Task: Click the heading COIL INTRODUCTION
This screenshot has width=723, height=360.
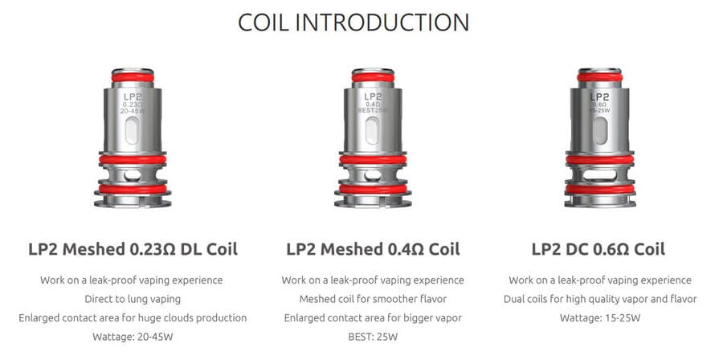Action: tap(353, 22)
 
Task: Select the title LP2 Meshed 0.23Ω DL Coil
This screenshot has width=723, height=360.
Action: tap(133, 249)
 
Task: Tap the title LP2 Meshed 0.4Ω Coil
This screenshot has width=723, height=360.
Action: tap(373, 249)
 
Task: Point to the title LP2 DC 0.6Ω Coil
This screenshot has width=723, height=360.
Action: tap(598, 249)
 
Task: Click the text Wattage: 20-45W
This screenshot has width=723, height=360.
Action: tap(133, 337)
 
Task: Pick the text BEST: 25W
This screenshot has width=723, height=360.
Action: tap(373, 337)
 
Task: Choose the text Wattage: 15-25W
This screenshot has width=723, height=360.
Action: tap(600, 317)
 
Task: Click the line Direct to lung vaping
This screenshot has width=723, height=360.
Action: tap(133, 299)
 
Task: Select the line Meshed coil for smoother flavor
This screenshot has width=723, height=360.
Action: tap(373, 299)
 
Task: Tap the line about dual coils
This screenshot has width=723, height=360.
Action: tap(600, 299)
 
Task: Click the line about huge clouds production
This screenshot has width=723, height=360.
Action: tap(133, 317)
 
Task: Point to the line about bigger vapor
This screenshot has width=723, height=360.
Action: tap(373, 317)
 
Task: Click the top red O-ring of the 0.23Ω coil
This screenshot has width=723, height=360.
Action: tap(133, 77)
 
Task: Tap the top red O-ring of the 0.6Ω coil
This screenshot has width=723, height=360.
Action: tap(600, 77)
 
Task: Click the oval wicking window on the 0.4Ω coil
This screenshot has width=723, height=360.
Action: tap(373, 130)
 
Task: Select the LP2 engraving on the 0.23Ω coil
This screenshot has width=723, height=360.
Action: tap(133, 96)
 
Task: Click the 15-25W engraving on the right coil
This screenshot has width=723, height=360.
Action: tap(600, 111)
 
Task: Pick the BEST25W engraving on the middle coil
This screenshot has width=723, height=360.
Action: tap(373, 111)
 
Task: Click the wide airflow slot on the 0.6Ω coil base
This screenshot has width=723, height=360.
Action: tap(600, 175)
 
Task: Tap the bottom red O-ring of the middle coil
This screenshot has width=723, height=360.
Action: tap(373, 189)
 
